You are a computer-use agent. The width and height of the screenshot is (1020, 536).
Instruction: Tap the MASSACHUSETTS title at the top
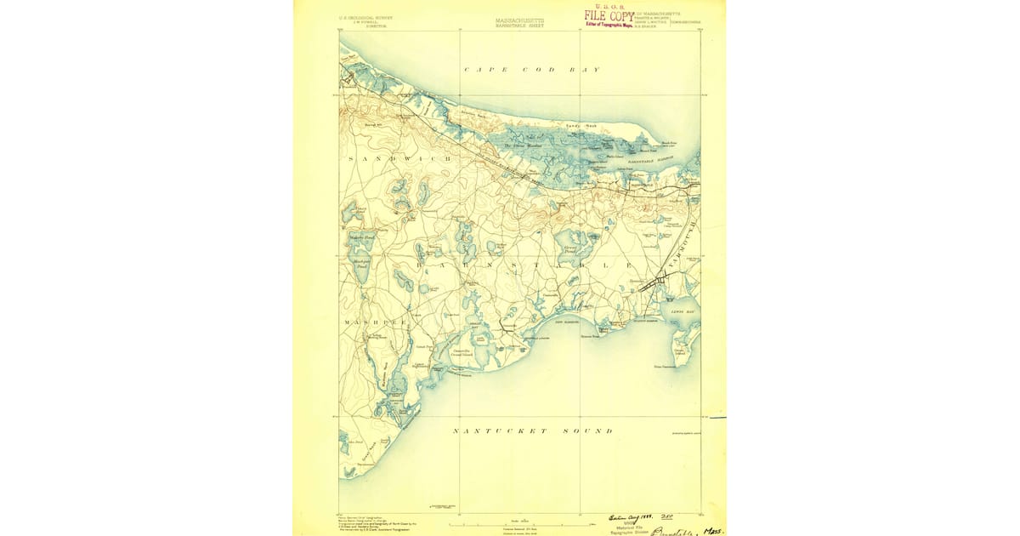pos(519,20)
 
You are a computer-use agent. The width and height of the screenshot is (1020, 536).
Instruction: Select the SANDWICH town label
pos(381,160)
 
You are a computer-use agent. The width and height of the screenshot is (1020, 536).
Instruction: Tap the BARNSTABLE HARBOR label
pos(650,159)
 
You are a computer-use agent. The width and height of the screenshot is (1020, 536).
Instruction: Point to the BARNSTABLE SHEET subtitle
pos(519,26)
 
